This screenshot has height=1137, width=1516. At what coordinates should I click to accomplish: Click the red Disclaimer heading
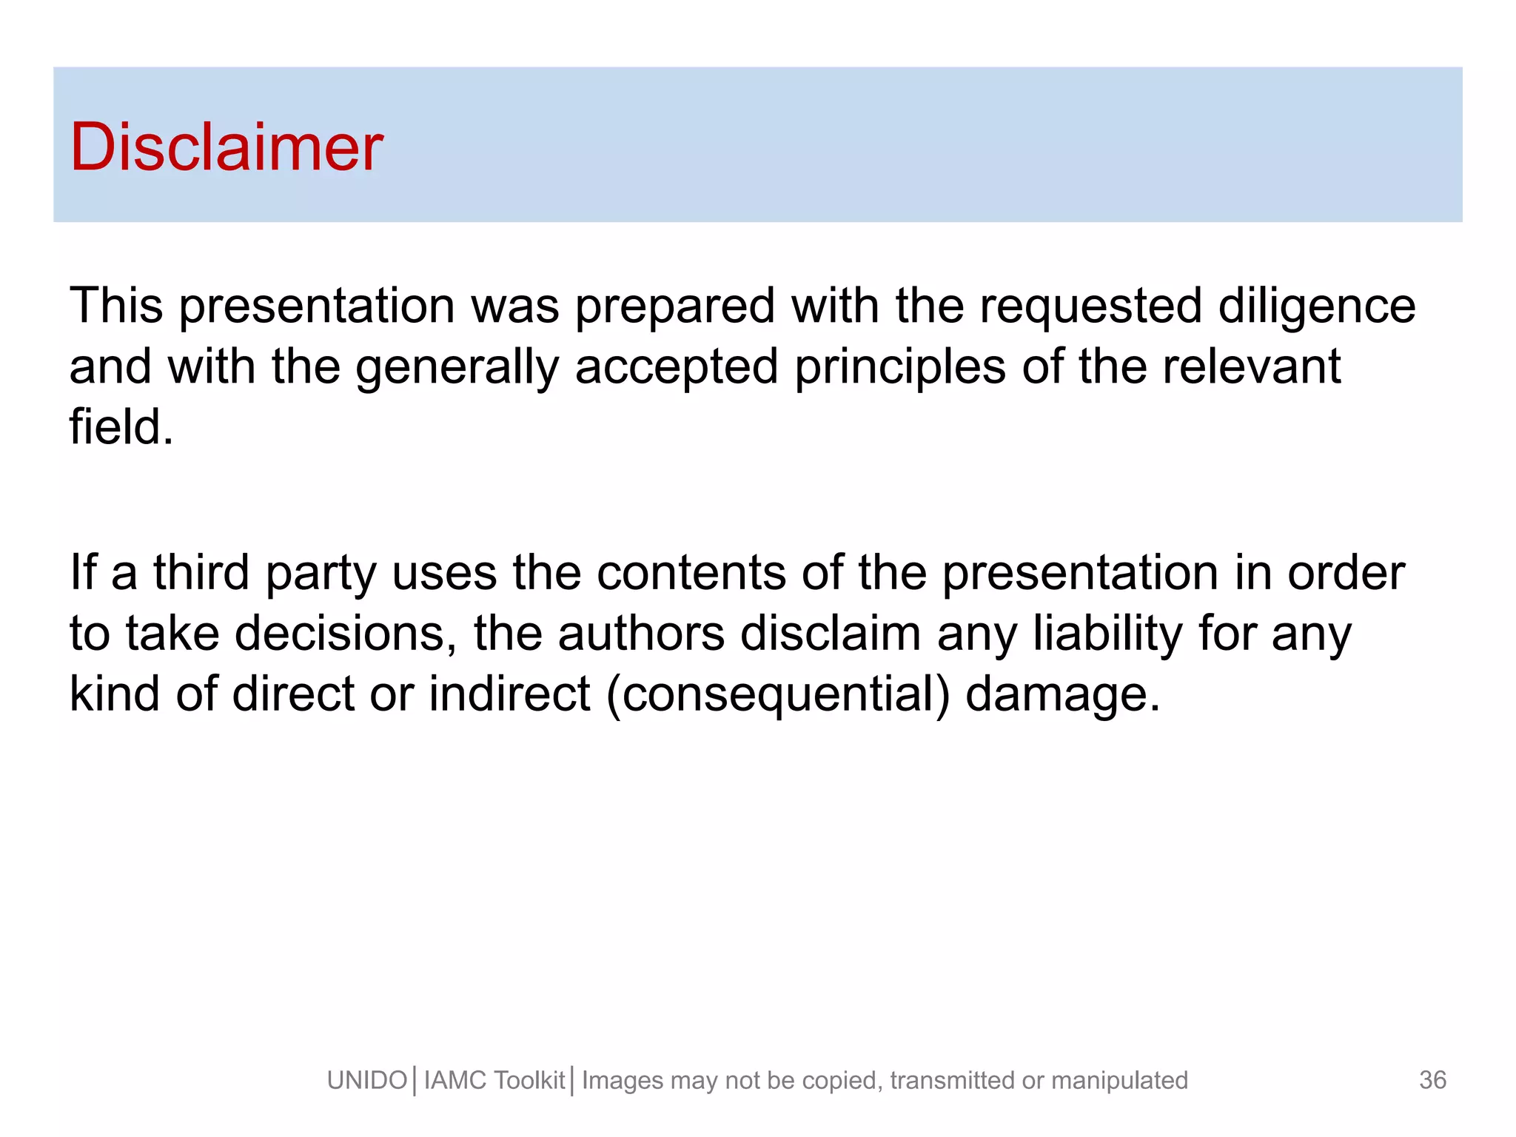(226, 147)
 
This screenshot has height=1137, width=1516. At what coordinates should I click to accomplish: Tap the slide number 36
(1432, 1080)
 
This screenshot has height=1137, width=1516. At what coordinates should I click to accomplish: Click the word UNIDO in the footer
(366, 1081)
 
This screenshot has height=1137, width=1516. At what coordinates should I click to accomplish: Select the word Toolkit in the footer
(529, 1081)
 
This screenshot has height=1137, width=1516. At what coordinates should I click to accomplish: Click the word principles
(899, 368)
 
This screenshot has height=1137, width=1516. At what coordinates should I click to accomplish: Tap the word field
(121, 428)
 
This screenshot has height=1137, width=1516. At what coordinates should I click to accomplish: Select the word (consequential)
(777, 694)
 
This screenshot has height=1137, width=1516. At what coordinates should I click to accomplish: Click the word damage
(1062, 696)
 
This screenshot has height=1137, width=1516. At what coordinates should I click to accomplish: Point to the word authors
(640, 634)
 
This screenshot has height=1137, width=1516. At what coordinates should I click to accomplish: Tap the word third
(201, 573)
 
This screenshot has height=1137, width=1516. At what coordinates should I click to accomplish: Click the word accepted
(676, 368)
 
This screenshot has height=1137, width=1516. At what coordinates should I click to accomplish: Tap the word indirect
(509, 694)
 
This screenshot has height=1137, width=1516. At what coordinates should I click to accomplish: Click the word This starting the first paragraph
(115, 306)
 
